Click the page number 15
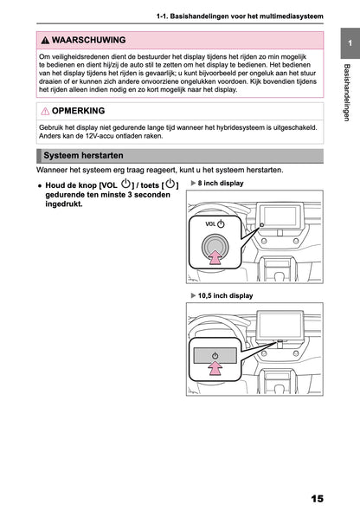[317, 499]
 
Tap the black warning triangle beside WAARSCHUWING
[45, 41]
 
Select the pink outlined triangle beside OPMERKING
[45, 111]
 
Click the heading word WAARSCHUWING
[88, 40]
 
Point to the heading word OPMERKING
[78, 111]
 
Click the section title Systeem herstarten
[83, 155]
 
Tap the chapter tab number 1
[350, 43]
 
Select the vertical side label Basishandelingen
[347, 93]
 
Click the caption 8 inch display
[221, 183]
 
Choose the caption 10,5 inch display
[225, 295]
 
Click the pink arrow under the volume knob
[215, 257]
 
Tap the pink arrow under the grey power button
[215, 369]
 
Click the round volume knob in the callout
[215, 248]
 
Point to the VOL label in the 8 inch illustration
[210, 224]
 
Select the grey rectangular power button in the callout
[215, 356]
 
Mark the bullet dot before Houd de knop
[40, 185]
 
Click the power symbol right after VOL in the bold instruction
[125, 184]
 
